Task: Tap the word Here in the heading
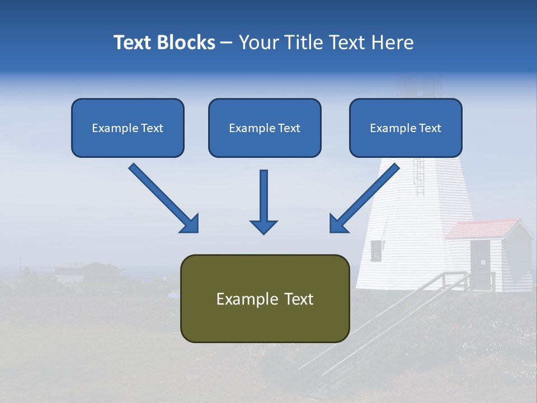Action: [x=393, y=43]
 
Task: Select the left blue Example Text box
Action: [x=128, y=128]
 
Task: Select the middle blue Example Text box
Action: [x=265, y=128]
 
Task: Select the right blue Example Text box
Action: [x=406, y=128]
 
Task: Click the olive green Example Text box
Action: [x=265, y=298]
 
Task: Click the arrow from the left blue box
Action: [x=162, y=197]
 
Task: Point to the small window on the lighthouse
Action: [x=376, y=250]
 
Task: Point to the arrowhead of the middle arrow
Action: [x=263, y=226]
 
